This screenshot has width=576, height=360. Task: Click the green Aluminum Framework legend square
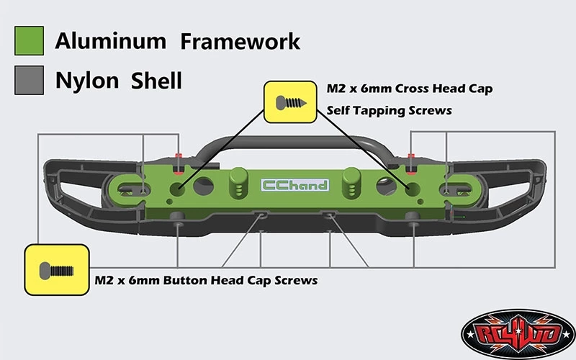[x=30, y=41]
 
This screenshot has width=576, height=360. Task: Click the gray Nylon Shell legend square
[x=30, y=80]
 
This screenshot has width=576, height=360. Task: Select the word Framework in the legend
[x=240, y=41]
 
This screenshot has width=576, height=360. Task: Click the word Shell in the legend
[x=156, y=80]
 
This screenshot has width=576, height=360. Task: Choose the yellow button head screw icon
[x=57, y=270]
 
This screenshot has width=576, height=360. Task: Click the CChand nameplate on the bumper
[x=294, y=185]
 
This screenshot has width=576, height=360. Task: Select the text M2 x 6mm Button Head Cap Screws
[x=206, y=280]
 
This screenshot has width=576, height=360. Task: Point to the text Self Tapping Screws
[x=389, y=111]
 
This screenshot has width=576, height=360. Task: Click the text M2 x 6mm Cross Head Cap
[x=409, y=89]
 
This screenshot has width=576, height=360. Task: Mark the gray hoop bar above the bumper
[x=295, y=138]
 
